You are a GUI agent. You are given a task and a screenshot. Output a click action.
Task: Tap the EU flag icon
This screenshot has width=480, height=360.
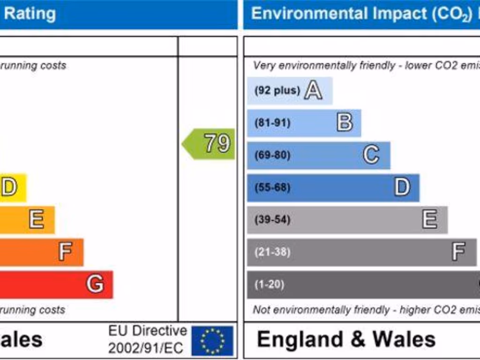212,341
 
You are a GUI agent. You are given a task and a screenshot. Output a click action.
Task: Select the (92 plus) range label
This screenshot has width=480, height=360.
277,90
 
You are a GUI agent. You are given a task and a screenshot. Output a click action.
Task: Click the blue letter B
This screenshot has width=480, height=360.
345,123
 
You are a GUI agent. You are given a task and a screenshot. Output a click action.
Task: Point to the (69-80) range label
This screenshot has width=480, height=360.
272,155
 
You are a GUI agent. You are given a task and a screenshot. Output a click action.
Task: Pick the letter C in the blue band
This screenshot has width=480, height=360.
371,155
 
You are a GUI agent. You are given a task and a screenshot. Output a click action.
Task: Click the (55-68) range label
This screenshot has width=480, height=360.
272,187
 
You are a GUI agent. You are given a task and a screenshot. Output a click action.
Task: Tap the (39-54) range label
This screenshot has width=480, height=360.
272,219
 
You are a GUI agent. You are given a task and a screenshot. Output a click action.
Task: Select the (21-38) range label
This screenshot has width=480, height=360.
272,252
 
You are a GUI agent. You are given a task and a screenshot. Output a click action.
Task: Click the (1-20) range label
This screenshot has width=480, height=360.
270,285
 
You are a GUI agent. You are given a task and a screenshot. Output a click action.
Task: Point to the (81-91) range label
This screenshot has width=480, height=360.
272,123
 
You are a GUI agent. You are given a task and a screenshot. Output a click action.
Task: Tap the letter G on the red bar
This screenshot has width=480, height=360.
95,284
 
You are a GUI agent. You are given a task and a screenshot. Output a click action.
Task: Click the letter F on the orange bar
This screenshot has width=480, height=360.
65,252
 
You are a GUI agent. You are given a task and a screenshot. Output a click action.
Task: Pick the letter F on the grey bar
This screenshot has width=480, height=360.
458,252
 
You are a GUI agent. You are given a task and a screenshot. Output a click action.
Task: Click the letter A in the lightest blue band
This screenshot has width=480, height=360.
313,90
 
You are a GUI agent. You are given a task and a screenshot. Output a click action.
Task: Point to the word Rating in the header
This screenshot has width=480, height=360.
30,14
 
